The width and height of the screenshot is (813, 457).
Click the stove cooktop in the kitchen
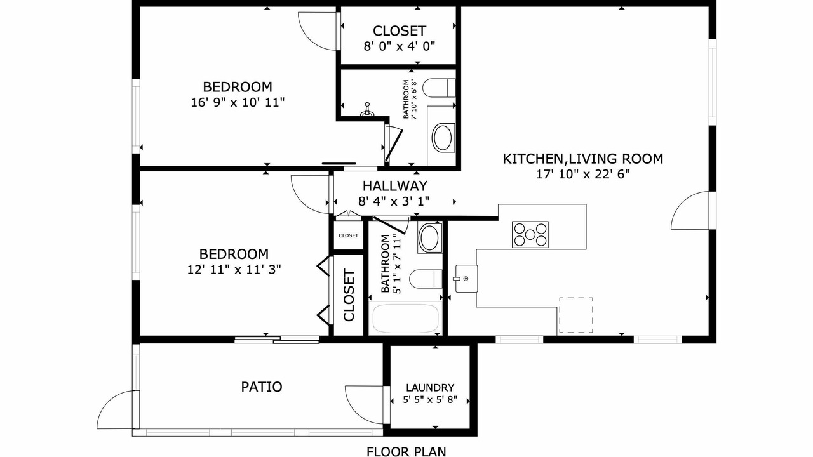click(x=530, y=235)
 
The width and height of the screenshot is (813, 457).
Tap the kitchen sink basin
click(x=466, y=279)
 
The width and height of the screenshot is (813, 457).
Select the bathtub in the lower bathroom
click(x=405, y=319)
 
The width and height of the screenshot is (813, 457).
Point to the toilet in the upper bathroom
click(x=439, y=88)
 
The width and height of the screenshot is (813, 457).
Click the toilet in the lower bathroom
click(x=426, y=279)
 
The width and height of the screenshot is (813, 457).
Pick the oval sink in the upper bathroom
click(x=443, y=138)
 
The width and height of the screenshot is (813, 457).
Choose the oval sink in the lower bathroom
click(x=429, y=237)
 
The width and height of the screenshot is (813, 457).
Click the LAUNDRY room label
click(x=430, y=388)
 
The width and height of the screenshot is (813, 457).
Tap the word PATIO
click(x=262, y=387)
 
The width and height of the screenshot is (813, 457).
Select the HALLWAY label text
click(x=395, y=186)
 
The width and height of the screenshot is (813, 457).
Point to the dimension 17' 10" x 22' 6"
click(x=583, y=175)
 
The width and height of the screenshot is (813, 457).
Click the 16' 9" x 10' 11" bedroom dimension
click(x=238, y=102)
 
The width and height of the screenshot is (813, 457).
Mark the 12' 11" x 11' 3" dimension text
click(x=234, y=270)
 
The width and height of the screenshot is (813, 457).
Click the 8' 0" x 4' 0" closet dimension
click(x=400, y=46)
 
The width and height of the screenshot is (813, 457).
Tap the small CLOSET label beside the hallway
click(x=349, y=235)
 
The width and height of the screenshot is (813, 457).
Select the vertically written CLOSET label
click(x=349, y=295)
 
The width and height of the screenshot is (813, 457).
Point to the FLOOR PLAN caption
click(x=406, y=451)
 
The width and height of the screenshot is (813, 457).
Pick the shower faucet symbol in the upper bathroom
click(x=367, y=110)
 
